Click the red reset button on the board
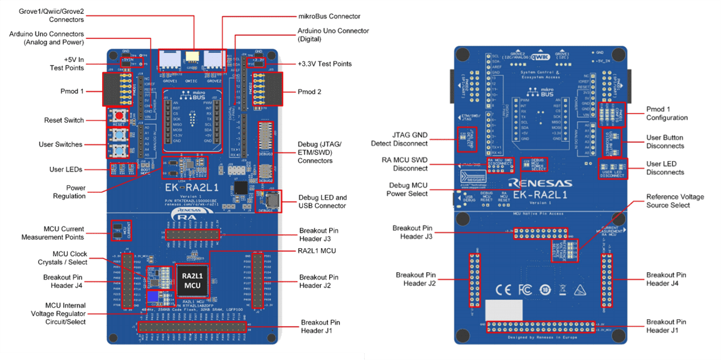point(119,115)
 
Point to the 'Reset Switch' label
point(64,120)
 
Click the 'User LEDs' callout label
point(66,169)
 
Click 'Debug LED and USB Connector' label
point(322,201)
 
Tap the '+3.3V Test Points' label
point(324,64)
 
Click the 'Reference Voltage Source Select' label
point(675,201)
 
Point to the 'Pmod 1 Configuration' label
point(667,114)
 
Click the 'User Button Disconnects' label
point(665,142)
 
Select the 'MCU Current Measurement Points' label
point(64,233)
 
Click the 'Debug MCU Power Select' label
point(409,189)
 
